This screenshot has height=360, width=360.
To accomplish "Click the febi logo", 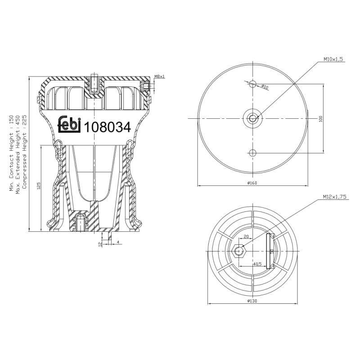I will [x=70, y=125].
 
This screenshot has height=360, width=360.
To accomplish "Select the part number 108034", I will [x=108, y=127].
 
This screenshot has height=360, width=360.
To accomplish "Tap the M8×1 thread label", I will [x=159, y=76].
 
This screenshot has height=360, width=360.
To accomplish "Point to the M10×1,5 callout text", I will [x=333, y=59].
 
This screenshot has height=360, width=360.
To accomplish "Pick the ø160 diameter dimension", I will [x=252, y=183].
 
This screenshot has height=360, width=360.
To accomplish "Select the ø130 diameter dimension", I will [x=252, y=301].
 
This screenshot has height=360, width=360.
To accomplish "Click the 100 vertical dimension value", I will [x=321, y=118].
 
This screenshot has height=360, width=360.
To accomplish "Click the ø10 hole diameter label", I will [x=265, y=87].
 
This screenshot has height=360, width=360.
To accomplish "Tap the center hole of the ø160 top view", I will [x=252, y=118].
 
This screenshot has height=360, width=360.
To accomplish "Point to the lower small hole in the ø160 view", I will [x=252, y=153].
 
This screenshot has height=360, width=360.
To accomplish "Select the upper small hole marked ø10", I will [x=252, y=84].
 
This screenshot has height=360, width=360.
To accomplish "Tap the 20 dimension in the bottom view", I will [x=246, y=236].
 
